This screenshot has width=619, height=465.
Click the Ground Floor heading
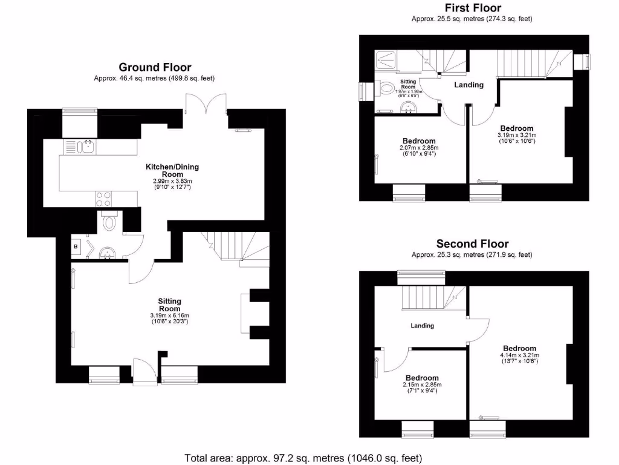[155, 67]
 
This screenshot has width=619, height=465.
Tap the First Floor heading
[473, 8]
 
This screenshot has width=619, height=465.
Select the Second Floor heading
[473, 244]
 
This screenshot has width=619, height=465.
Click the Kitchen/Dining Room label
[172, 170]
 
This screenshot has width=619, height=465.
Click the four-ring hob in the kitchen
[102, 199]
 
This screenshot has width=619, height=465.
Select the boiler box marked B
[77, 247]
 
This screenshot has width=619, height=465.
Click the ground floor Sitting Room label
[170, 305]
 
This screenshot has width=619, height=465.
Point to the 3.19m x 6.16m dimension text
[170, 315]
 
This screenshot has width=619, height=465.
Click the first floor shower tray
[385, 59]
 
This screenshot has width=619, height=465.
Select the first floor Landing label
[469, 85]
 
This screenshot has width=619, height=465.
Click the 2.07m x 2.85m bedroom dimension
[419, 148]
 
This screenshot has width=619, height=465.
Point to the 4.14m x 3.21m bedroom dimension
[519, 355]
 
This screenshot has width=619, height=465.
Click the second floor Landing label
[423, 326]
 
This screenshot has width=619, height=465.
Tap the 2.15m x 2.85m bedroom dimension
[422, 384]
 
